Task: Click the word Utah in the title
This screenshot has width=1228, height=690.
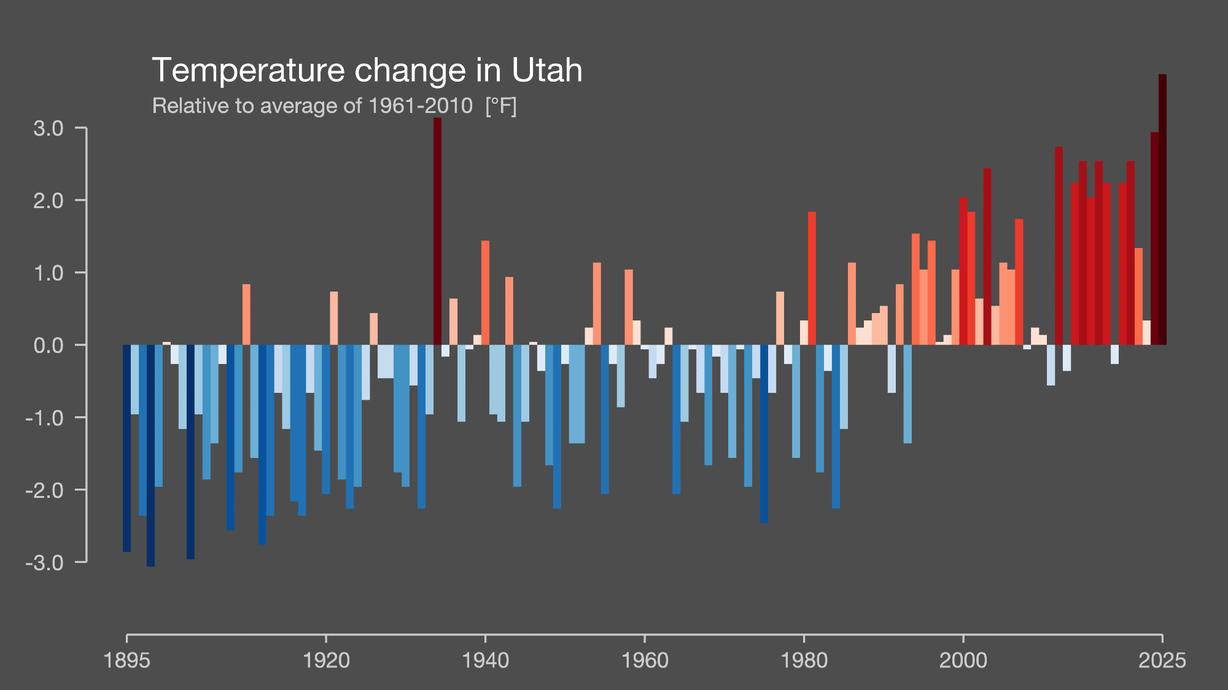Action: click(546, 70)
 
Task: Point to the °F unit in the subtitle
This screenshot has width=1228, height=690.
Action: click(500, 106)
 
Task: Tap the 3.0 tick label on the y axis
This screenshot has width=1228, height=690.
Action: click(49, 128)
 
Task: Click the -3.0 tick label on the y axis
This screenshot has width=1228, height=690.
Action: click(45, 562)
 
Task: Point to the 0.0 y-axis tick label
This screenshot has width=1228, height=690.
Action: click(49, 345)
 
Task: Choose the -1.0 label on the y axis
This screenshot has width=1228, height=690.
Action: click(45, 418)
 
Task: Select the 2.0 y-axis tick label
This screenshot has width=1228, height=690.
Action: click(49, 201)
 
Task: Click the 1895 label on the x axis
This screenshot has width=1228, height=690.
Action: click(127, 661)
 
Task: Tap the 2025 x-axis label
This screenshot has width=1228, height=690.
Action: click(1162, 661)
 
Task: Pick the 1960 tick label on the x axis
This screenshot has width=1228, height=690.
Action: click(645, 661)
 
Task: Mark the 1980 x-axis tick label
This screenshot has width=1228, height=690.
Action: click(804, 661)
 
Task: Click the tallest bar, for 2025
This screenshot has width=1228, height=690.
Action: click(1162, 209)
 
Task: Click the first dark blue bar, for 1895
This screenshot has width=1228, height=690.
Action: click(126, 448)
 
